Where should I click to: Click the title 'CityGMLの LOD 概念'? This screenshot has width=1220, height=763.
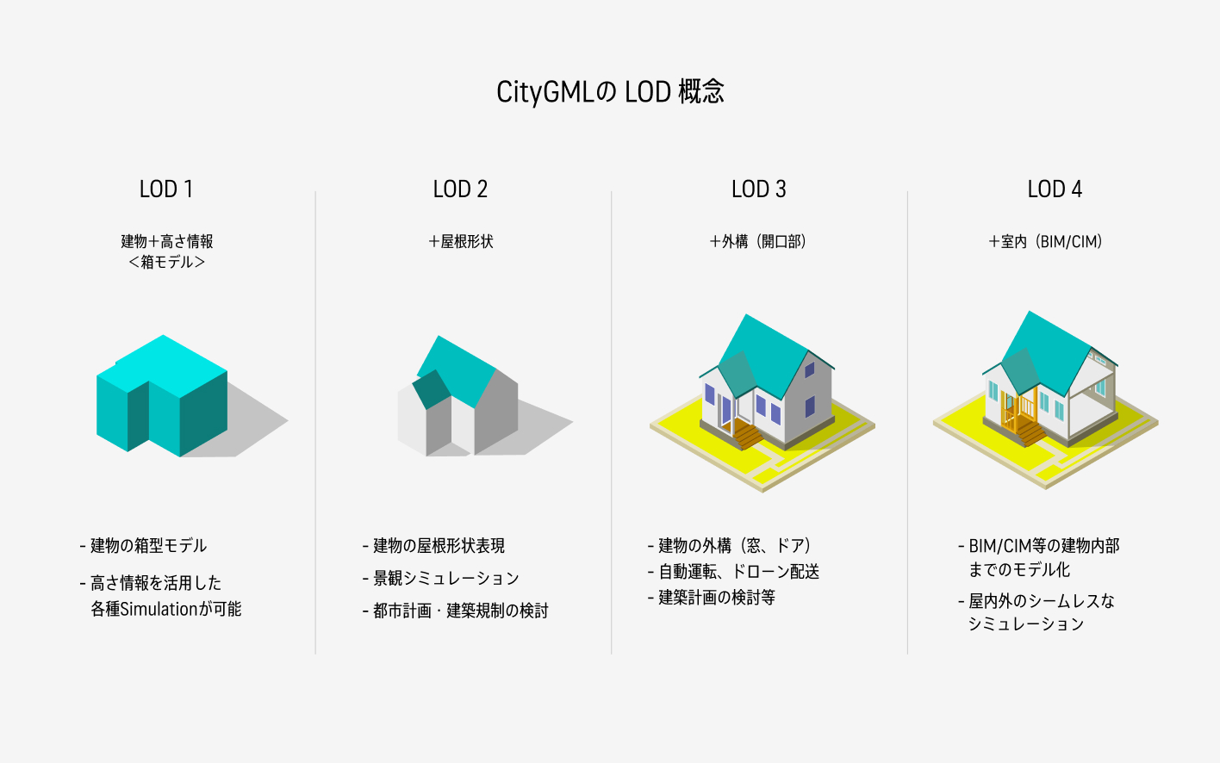(610, 91)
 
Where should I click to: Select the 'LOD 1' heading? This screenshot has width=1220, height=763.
(166, 189)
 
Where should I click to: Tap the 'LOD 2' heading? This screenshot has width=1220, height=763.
(460, 189)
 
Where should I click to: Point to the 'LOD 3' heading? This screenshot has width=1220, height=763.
(759, 189)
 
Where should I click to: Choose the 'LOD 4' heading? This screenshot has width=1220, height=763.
(1055, 189)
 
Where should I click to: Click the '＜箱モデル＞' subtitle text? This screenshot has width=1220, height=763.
(166, 263)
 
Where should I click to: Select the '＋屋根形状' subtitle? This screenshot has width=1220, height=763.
(461, 241)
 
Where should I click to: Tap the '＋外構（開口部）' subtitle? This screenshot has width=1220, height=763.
(757, 241)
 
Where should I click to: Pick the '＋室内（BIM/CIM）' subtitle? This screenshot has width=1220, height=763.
(1045, 241)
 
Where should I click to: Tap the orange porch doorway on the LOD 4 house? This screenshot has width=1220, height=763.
(1018, 411)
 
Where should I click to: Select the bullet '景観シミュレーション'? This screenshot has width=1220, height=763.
(440, 578)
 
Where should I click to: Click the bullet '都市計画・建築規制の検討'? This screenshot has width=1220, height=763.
(455, 611)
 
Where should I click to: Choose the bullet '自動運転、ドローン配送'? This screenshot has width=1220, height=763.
(733, 572)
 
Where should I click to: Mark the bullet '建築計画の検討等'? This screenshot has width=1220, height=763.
(712, 598)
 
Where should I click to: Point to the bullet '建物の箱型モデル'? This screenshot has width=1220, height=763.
(143, 545)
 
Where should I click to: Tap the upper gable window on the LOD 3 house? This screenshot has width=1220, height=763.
(809, 370)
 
